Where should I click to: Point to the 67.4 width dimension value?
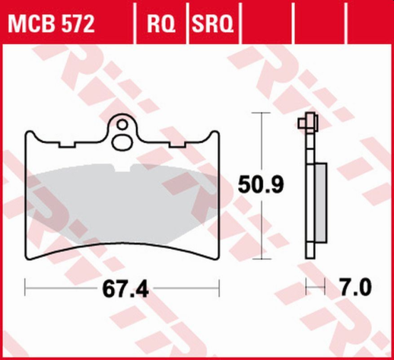(122, 289)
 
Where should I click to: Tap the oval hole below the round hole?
(122, 142)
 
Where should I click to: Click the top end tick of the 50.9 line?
(262, 113)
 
